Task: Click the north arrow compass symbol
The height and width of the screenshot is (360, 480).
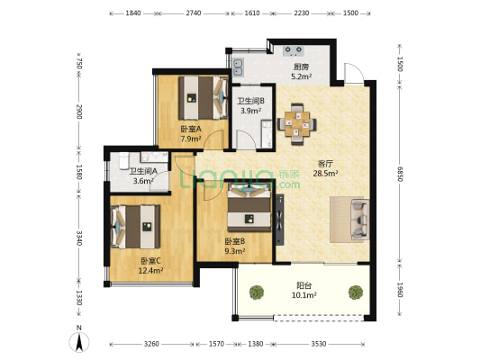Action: pos(79,341)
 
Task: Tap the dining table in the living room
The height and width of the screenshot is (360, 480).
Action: pos(297,123)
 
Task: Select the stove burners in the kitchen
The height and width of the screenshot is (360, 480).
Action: pos(294,50)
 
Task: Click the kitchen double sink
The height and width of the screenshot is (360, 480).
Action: pos(238,67)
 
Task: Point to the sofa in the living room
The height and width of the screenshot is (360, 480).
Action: pos(359,219)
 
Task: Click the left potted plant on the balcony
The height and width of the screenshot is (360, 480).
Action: pos(257,292)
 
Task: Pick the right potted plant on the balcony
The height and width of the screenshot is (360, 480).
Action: pos(356,292)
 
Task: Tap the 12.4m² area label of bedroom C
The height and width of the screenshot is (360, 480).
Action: pos(150,270)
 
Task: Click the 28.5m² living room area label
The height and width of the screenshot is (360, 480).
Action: pos(325,174)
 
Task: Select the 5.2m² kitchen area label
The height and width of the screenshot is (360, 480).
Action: pos(301,76)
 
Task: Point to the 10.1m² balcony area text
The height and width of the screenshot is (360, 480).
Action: pos(304,295)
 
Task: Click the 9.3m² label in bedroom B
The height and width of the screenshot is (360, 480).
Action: pos(235,251)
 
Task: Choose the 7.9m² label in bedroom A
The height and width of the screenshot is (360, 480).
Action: pos(191,139)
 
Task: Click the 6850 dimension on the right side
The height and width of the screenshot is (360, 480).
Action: pos(400,174)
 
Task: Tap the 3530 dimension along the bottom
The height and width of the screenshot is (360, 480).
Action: pos(319,344)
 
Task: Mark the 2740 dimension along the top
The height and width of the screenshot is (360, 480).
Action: pos(194,13)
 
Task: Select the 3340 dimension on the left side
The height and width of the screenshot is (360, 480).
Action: pos(79,238)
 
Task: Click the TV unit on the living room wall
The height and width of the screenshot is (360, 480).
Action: pos(279,220)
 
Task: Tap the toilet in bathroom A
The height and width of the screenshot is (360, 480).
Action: pos(123,161)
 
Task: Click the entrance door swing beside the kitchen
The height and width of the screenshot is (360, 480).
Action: pos(354,73)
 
